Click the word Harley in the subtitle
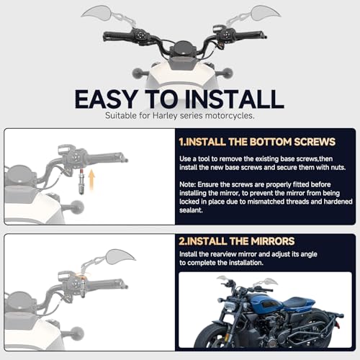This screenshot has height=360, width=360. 165,116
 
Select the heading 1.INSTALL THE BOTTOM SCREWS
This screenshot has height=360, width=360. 257,142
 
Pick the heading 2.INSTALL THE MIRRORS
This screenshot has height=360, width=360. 237,241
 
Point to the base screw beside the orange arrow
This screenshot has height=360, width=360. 81,181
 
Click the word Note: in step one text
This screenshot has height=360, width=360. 188,184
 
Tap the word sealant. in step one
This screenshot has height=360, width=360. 191,210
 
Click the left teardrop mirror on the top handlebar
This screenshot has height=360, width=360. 96,12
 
